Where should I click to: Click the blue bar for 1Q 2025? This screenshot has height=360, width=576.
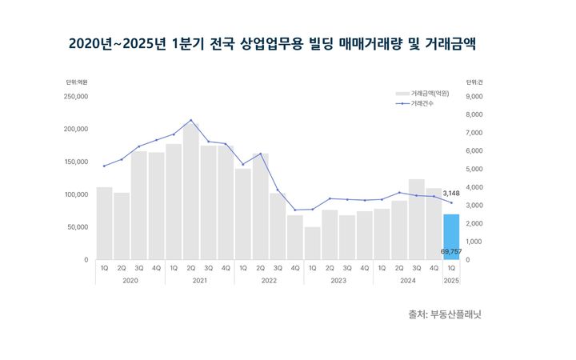[451, 237]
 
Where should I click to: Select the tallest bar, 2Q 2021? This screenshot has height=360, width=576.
[190, 192]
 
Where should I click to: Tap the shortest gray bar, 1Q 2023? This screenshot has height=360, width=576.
[312, 243]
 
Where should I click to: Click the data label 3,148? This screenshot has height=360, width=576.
[451, 193]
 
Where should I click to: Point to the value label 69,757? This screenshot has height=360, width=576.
[451, 251]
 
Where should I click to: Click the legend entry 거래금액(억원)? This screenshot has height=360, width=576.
[430, 94]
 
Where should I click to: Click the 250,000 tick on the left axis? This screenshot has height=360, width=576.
[76, 96]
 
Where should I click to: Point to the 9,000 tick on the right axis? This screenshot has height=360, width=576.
[474, 96]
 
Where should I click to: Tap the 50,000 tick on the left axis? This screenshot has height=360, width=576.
[78, 227]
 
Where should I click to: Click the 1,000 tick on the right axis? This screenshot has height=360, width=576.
[474, 242]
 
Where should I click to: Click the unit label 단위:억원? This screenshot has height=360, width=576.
[77, 82]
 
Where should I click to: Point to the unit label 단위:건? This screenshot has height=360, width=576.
[474, 82]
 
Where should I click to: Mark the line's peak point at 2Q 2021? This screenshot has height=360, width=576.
[190, 120]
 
